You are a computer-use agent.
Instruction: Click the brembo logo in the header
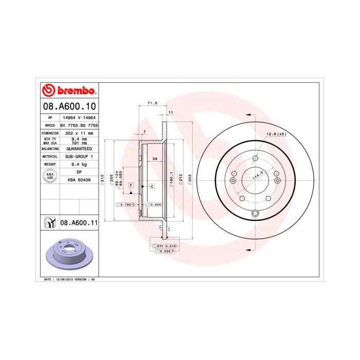(x=68, y=91)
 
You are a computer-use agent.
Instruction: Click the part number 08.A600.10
(x=68, y=106)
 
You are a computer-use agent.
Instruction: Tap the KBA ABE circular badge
(x=50, y=176)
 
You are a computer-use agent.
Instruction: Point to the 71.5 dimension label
(x=152, y=103)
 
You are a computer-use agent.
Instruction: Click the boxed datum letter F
(x=131, y=185)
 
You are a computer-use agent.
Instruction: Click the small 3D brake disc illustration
(x=68, y=255)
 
